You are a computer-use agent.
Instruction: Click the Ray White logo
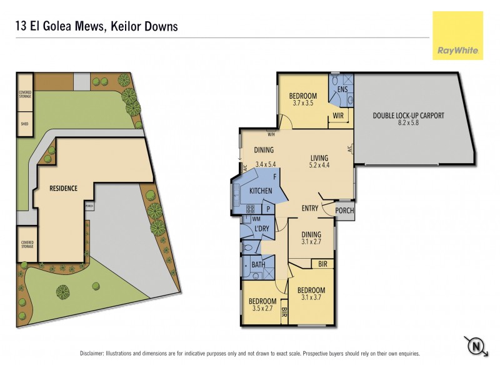pyautogui.click(x=458, y=35)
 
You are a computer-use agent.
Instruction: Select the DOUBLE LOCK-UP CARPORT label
pyautogui.click(x=408, y=115)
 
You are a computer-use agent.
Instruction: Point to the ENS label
pyautogui.click(x=342, y=90)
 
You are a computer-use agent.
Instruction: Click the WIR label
pyautogui.click(x=339, y=116)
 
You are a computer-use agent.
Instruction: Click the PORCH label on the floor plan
pyautogui.click(x=344, y=211)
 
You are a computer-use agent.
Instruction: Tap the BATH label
pyautogui.click(x=259, y=265)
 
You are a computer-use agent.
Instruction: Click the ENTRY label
pyautogui.click(x=311, y=208)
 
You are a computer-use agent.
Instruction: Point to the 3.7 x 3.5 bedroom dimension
pyautogui.click(x=303, y=104)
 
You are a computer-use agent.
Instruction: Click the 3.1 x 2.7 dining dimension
pyautogui.click(x=311, y=241)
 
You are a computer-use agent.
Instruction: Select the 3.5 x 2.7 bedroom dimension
pyautogui.click(x=262, y=308)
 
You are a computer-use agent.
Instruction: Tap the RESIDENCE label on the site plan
pyautogui.click(x=63, y=188)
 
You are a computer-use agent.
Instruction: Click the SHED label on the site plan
pyautogui.click(x=24, y=123)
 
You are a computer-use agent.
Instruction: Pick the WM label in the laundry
pyautogui.click(x=256, y=219)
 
